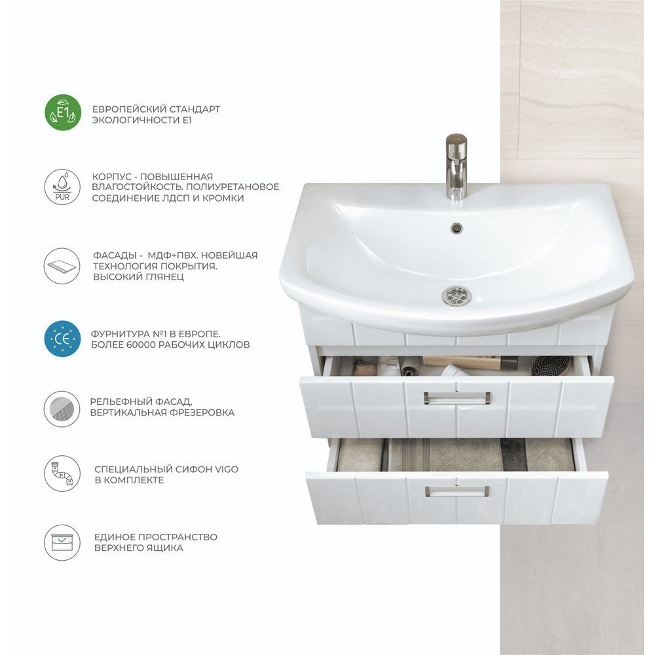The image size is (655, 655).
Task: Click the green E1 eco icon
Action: (x=63, y=113)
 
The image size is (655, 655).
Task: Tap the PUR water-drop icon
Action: (x=63, y=187)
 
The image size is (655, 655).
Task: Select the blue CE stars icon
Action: (x=63, y=339)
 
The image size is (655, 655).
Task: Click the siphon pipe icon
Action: (x=62, y=474)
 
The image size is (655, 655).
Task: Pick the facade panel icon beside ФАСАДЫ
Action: (x=62, y=266)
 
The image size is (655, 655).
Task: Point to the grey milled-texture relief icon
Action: (x=62, y=409)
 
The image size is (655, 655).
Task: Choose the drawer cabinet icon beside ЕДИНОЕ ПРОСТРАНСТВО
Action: (x=62, y=542)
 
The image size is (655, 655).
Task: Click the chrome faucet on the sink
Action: (x=456, y=166)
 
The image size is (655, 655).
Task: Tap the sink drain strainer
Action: (x=456, y=295)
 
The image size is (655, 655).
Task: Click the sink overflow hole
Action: (x=457, y=227)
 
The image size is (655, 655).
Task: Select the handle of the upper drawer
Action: (x=457, y=398)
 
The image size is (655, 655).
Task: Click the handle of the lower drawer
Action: (x=457, y=491)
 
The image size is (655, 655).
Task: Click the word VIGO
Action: (x=227, y=469)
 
